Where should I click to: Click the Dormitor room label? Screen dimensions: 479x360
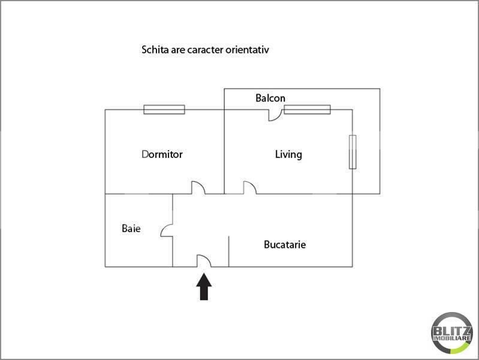[x=162, y=154]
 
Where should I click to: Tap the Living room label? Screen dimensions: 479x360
[x=288, y=154]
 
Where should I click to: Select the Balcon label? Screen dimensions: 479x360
[x=270, y=98]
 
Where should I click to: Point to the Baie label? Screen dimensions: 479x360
[x=131, y=228]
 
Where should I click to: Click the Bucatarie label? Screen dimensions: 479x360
[x=285, y=244]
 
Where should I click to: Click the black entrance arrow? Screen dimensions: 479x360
[x=204, y=287]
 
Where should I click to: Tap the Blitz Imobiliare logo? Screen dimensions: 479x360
[x=452, y=333]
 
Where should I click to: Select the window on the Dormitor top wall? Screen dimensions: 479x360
[x=164, y=109]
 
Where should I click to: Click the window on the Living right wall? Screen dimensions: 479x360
[x=353, y=152]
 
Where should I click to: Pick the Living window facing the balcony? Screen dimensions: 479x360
[x=308, y=109]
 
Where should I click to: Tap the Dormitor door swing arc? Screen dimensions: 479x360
[x=201, y=185]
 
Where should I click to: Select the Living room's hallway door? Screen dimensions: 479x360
[x=253, y=185]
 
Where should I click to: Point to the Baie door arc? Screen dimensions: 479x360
[x=163, y=229]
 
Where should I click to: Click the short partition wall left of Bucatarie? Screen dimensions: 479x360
[x=229, y=251]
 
